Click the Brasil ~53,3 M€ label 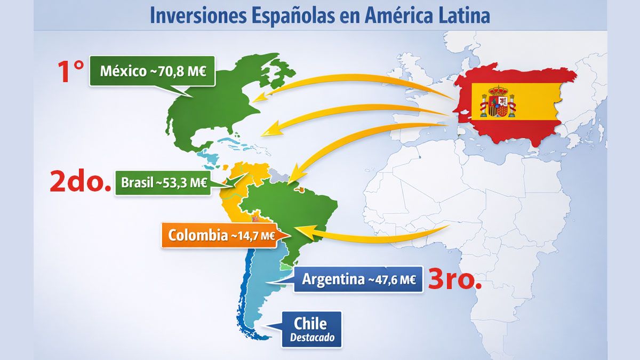coord(164,182)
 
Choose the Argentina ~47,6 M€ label coord(358,279)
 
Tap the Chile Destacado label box coord(311,330)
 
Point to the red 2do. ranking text coord(81,182)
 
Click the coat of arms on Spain coord(498,101)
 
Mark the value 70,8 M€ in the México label coord(181,71)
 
